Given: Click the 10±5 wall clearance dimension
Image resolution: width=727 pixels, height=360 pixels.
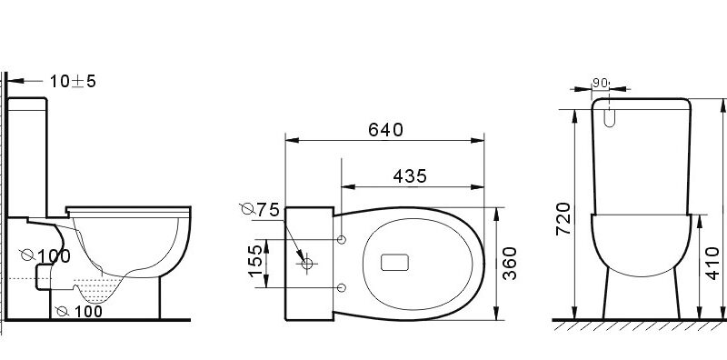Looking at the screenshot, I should (x=73, y=82).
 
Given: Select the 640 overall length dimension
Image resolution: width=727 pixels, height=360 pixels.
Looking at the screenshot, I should (x=385, y=129).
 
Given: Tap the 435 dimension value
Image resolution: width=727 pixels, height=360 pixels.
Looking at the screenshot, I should (x=411, y=176).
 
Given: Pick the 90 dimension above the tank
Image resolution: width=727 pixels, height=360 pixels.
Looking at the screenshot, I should (x=599, y=81).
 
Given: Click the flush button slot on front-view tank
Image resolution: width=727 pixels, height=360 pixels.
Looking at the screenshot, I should (x=609, y=115).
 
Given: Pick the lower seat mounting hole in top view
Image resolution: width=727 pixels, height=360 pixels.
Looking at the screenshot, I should (x=341, y=288).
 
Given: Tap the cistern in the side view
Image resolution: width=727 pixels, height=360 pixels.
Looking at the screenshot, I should (x=27, y=155).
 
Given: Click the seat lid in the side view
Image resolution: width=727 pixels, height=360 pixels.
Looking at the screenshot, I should (x=127, y=209).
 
